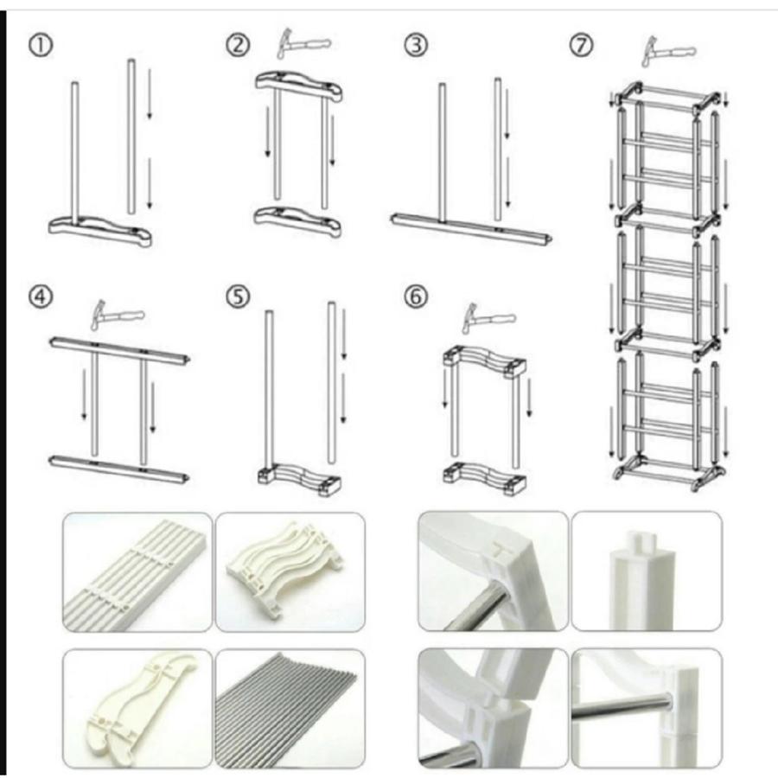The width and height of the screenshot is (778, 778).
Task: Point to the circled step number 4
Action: pos(41,297)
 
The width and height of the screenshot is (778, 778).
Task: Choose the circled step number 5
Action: pos(237,297)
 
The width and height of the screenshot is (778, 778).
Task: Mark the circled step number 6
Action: pos(416,297)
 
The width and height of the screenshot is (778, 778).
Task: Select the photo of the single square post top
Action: pos(646,571)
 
